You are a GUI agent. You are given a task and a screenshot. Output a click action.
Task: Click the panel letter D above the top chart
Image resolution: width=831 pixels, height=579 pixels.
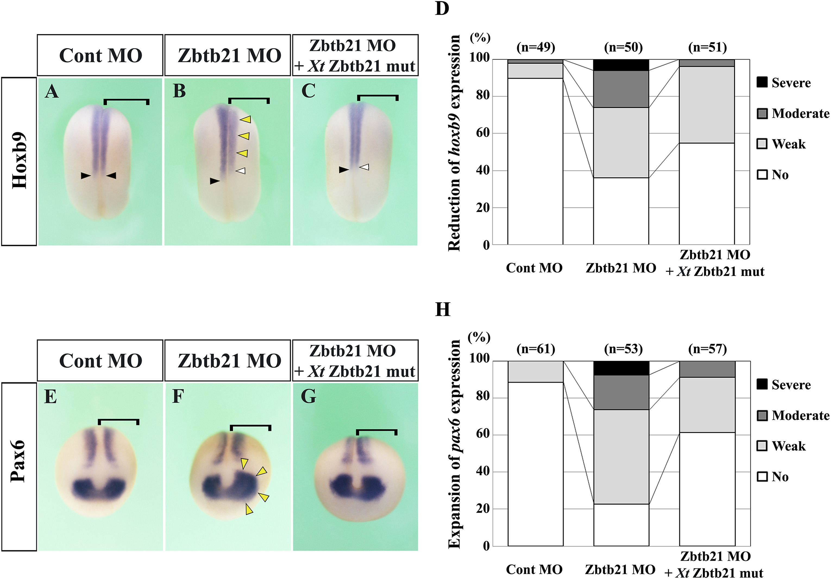[x=442, y=9]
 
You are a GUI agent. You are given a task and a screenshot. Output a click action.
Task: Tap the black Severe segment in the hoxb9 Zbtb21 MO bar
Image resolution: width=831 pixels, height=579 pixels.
[x=621, y=65]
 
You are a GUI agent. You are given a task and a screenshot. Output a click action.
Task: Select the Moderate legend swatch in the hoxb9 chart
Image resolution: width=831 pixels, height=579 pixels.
[x=762, y=114]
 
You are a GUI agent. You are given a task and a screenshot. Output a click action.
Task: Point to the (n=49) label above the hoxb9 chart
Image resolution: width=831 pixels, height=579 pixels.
[x=536, y=48]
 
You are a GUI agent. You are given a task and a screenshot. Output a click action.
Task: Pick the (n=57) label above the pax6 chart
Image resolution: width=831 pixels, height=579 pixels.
[x=707, y=349]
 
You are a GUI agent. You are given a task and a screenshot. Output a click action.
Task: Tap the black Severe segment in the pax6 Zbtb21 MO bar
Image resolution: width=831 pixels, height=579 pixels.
[x=621, y=368]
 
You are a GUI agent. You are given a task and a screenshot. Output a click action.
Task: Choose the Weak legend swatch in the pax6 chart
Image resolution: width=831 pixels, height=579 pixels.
[x=762, y=446]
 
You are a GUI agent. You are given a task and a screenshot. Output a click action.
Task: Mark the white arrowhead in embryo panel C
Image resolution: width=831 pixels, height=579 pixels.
[x=364, y=167]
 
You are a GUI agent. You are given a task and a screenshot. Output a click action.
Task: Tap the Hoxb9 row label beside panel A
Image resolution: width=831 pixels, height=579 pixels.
[x=19, y=160]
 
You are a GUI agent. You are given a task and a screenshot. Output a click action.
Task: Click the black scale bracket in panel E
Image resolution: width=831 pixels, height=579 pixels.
[x=118, y=421]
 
